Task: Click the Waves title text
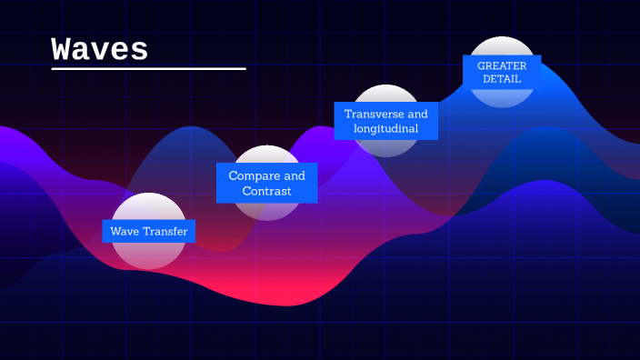click(100, 49)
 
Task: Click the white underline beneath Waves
click(148, 68)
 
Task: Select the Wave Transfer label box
click(149, 232)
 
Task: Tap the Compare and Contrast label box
click(266, 184)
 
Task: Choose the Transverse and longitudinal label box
click(385, 121)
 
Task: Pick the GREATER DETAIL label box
click(502, 72)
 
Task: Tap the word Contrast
click(266, 192)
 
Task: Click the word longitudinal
click(385, 129)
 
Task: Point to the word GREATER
click(502, 65)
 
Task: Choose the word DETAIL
click(502, 79)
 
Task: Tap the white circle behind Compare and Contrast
click(266, 209)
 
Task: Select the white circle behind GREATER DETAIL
click(502, 45)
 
